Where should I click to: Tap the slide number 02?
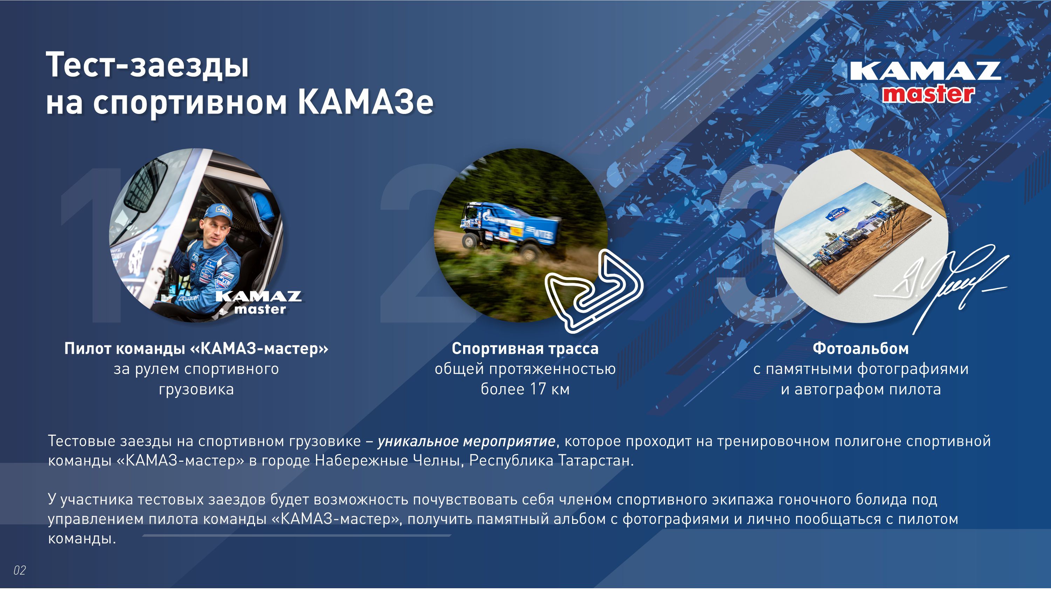click(20, 570)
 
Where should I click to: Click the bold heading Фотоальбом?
click(861, 348)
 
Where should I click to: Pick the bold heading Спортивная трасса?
click(525, 348)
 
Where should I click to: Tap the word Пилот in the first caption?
click(87, 348)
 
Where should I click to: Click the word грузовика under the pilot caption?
click(196, 389)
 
